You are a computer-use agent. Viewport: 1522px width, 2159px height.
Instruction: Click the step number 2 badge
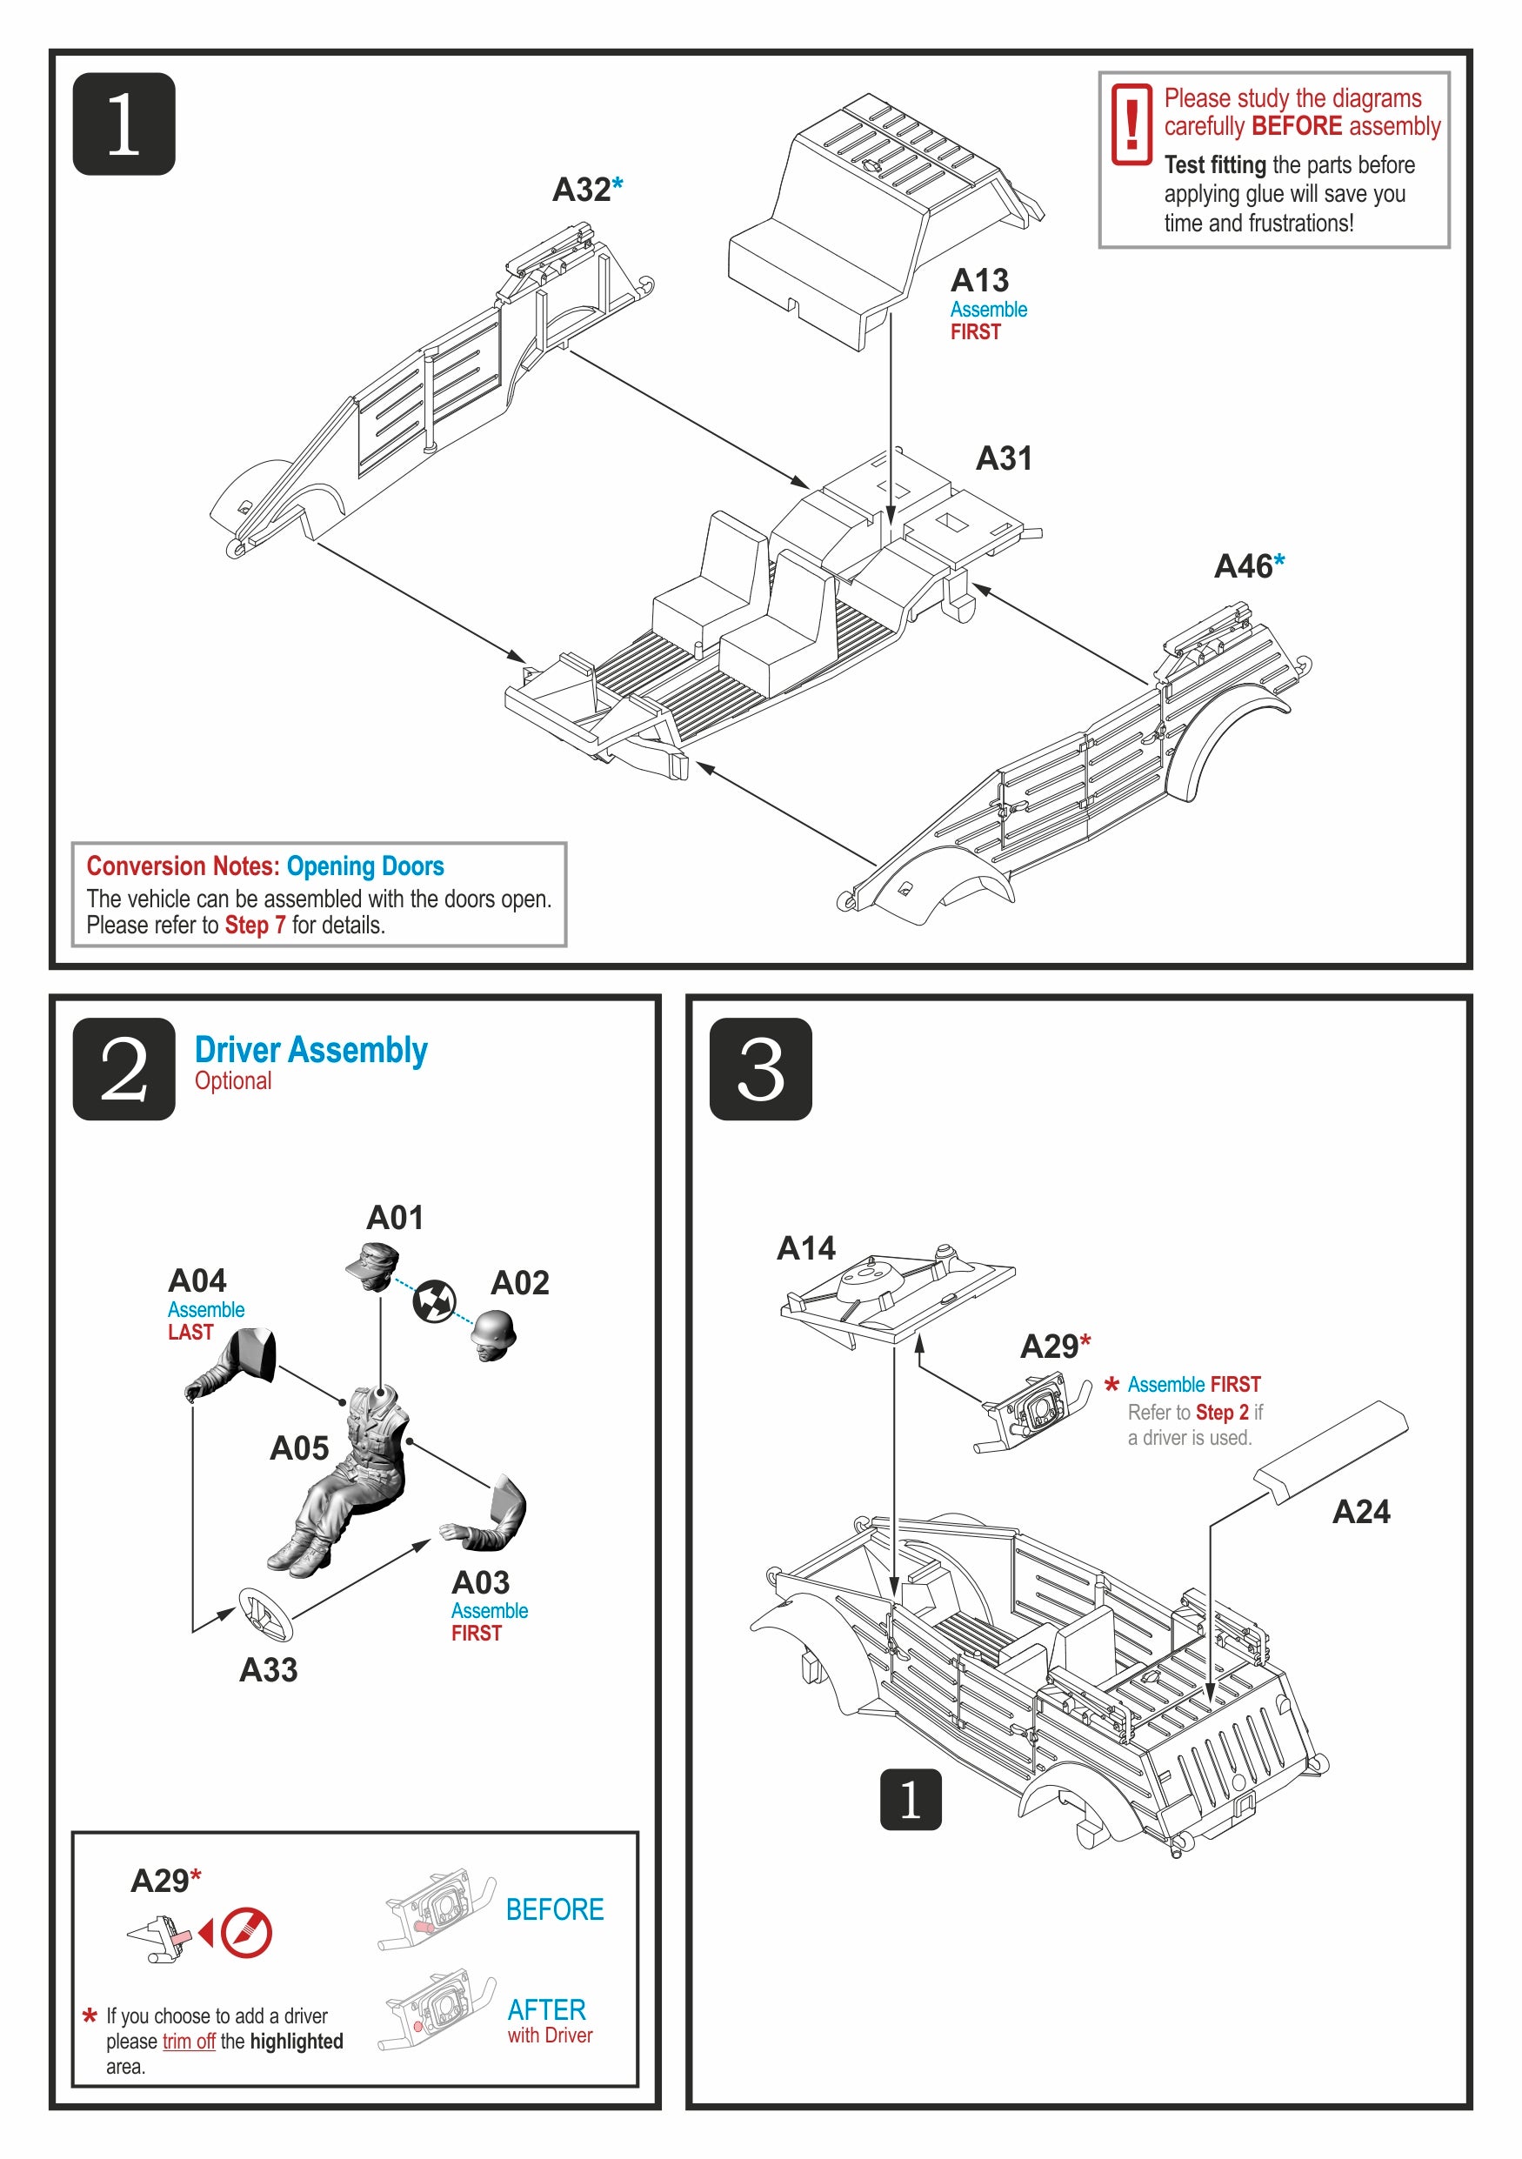click(123, 1068)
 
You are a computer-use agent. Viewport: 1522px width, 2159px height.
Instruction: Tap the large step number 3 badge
click(759, 1068)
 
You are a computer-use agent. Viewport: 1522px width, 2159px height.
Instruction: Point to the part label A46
click(1243, 566)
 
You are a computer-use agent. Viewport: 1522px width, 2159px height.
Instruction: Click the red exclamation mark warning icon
click(1131, 124)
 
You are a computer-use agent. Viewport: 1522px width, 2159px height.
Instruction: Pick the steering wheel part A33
click(265, 1614)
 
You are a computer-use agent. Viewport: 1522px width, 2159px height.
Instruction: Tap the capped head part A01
click(373, 1266)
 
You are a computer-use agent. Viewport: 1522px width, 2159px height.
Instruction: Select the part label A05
click(299, 1448)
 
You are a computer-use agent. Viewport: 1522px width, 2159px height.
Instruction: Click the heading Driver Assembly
click(310, 1049)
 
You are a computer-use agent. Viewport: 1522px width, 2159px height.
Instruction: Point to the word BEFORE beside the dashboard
click(555, 1910)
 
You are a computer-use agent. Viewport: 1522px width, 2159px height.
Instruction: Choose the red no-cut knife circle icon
click(246, 1934)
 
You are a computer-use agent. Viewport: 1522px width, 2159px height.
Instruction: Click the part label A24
click(1360, 1512)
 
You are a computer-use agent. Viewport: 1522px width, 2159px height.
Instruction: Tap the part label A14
click(805, 1248)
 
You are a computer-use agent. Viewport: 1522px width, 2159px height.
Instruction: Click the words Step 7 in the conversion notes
click(255, 926)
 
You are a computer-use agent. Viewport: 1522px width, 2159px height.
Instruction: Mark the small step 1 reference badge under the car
click(909, 1799)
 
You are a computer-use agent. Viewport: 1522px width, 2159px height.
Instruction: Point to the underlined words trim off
click(189, 2041)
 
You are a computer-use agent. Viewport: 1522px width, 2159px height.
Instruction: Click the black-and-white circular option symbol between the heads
click(434, 1300)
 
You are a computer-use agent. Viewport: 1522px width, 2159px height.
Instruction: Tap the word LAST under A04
click(190, 1333)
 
